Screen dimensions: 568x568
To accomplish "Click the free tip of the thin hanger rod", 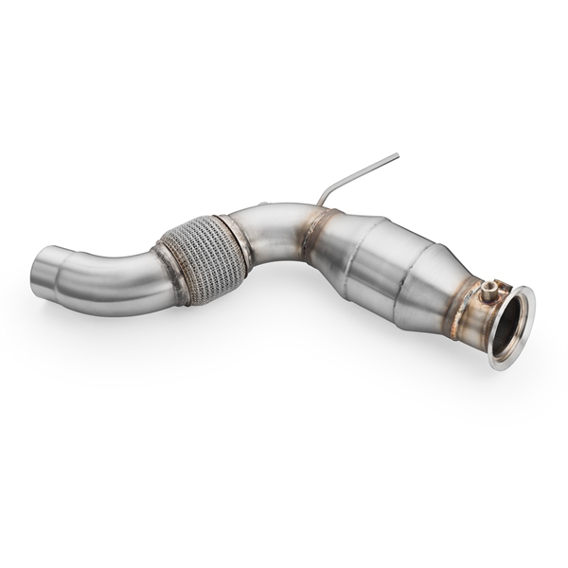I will click(397, 155).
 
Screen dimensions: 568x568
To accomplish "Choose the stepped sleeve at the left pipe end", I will click(57, 275).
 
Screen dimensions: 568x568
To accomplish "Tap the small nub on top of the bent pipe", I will click(266, 204).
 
